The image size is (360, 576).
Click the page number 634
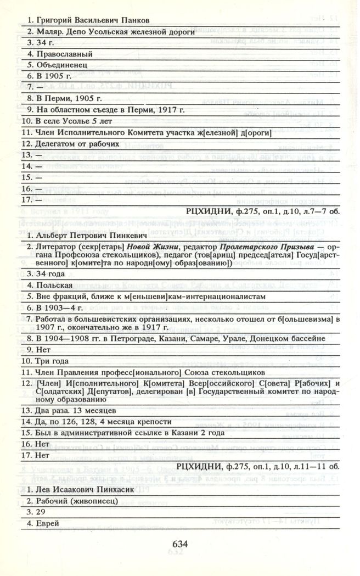click(180, 544)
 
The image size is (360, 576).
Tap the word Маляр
click(48, 32)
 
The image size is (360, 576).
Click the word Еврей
click(48, 524)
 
